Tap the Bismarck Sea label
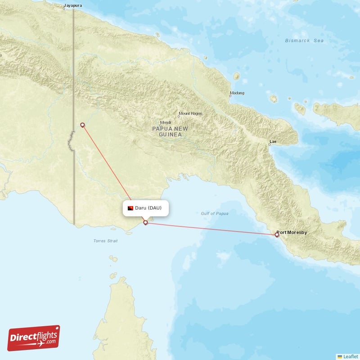(x=304, y=40)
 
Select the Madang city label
(x=237, y=93)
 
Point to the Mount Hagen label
(x=190, y=113)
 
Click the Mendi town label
(x=165, y=122)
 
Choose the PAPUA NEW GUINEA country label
(x=167, y=131)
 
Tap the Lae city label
(x=273, y=142)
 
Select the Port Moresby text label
(x=293, y=233)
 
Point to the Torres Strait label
(x=105, y=241)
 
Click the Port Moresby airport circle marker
(x=277, y=234)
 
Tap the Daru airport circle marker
(x=145, y=222)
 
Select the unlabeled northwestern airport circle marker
(x=82, y=125)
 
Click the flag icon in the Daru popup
(x=130, y=208)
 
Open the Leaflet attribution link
(x=350, y=356)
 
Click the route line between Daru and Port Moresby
(x=211, y=229)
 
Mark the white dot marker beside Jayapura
(x=64, y=8)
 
